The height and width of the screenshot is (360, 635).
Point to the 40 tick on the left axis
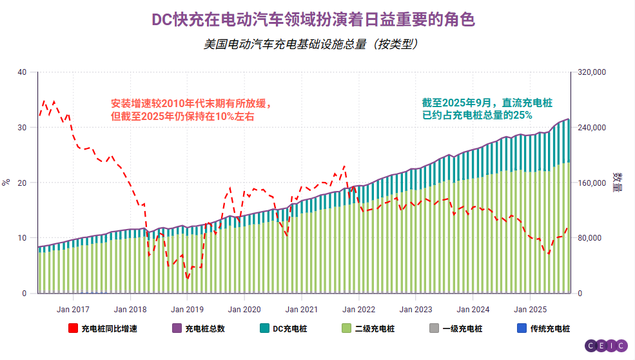(x=23, y=72)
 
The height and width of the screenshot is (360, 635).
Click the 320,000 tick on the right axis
(x=589, y=72)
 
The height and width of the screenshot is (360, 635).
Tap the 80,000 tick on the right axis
(x=587, y=238)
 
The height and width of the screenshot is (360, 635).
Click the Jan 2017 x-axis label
(x=72, y=309)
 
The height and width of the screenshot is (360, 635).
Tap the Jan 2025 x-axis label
(x=529, y=309)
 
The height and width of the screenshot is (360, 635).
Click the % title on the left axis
(x=6, y=183)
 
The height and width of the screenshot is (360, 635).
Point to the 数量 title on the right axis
(x=617, y=183)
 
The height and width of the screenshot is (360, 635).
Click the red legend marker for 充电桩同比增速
(x=73, y=328)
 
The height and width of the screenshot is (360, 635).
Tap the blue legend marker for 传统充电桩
(x=522, y=328)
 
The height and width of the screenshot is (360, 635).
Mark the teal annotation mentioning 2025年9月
(x=487, y=108)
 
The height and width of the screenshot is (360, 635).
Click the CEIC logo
(x=606, y=346)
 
